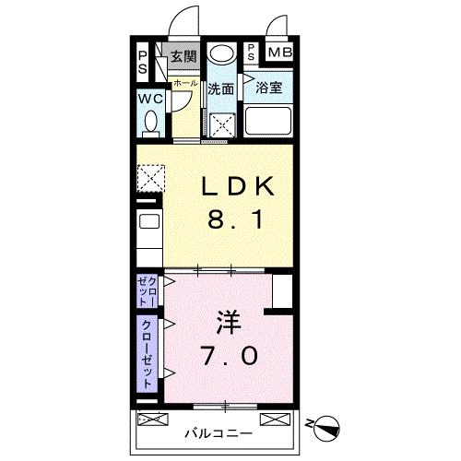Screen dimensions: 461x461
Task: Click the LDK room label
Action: point(238,187)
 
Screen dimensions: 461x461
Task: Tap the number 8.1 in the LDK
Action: point(238,222)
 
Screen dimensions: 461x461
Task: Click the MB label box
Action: point(279,53)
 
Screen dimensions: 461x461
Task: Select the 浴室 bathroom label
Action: point(268,89)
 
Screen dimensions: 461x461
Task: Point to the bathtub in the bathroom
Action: point(266,121)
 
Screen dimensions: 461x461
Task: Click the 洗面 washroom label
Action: point(221,89)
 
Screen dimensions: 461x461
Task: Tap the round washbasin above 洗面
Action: point(220,54)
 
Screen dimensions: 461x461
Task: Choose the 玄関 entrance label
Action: point(183,56)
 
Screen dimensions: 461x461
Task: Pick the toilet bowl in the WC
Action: point(153,121)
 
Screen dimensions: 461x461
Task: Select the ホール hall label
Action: point(185,83)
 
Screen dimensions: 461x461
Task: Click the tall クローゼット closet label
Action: point(147,351)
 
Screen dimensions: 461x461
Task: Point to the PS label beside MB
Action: point(252,53)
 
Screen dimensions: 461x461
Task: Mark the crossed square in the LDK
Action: point(151,177)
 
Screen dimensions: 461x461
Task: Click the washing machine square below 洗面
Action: point(221,124)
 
